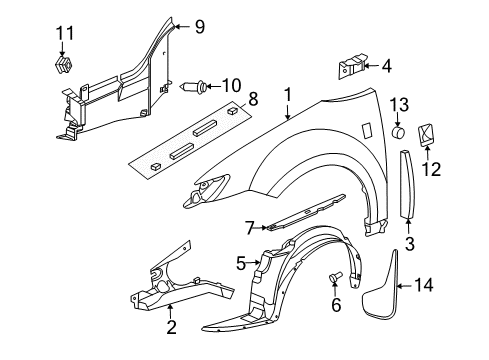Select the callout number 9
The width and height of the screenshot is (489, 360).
point(199,27)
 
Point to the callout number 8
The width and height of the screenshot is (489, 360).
point(252,99)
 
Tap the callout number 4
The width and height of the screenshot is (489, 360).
point(387,66)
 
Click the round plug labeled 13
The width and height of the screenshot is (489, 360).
point(398,130)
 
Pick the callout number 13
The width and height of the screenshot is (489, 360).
point(398,104)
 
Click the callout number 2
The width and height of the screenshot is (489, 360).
point(171,326)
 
